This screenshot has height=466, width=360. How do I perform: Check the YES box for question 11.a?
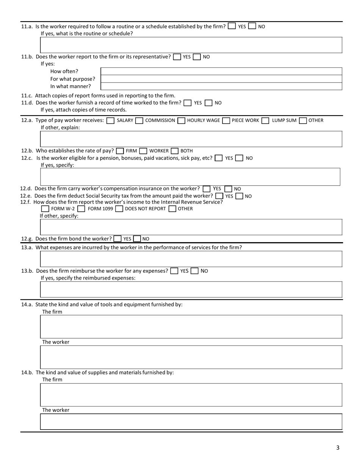click(232, 26)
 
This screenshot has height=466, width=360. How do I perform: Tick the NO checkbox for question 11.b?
click(197, 57)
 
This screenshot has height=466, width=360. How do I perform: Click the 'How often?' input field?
click(221, 71)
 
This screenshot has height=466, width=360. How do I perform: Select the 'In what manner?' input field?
click(221, 86)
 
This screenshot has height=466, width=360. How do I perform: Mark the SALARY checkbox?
click(110, 120)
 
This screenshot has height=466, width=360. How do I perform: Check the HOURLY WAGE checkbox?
click(181, 120)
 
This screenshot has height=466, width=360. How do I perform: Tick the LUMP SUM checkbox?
click(265, 120)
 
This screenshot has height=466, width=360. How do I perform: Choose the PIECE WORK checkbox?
click(226, 120)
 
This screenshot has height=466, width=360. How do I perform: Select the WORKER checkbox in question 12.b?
click(143, 151)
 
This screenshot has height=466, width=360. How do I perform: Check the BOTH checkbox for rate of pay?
click(174, 151)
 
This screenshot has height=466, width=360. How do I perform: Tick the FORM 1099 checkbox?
click(81, 209)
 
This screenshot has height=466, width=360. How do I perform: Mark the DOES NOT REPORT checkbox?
click(119, 209)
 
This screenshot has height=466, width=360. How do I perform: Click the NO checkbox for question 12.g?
click(137, 239)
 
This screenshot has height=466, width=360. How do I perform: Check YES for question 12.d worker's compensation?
click(207, 189)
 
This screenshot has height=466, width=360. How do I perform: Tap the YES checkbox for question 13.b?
click(174, 271)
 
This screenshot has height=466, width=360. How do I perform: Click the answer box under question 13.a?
click(191, 259)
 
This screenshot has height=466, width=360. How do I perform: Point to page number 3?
click(338, 448)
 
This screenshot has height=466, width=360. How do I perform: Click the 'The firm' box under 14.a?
click(191, 326)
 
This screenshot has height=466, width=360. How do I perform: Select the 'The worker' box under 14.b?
click(191, 421)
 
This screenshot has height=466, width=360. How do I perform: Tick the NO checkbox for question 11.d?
click(208, 103)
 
